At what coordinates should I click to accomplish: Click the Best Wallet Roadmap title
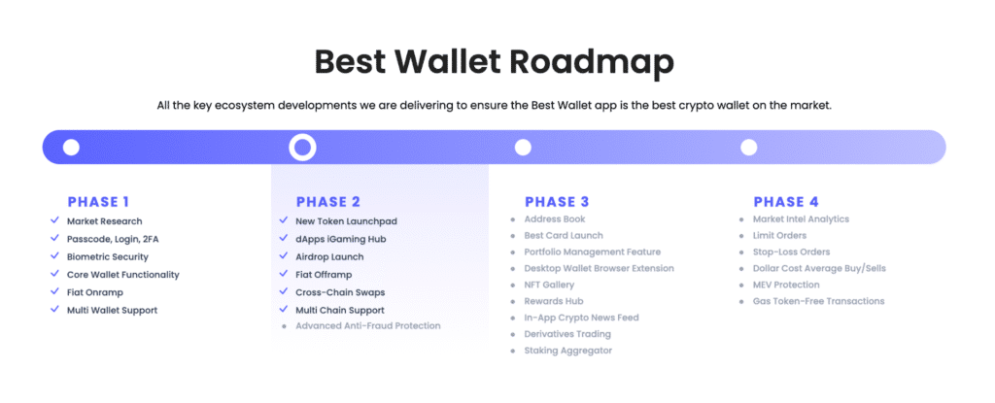click(494, 63)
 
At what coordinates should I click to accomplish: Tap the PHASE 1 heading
click(98, 202)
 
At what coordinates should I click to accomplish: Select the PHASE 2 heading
click(328, 202)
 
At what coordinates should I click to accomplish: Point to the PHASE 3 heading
click(557, 202)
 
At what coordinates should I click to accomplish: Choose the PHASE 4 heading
click(785, 202)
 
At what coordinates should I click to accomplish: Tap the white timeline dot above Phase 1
click(71, 148)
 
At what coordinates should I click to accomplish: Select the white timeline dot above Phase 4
click(749, 148)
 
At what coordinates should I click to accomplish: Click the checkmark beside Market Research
click(54, 220)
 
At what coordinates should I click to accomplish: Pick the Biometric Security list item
click(107, 257)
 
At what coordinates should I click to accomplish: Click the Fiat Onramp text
click(94, 292)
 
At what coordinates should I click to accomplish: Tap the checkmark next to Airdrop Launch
click(283, 255)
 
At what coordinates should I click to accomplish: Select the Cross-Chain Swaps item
click(340, 292)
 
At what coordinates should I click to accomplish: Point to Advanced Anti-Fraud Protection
click(368, 325)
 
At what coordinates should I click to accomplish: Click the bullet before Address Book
click(513, 219)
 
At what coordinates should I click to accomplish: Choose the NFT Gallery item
click(549, 285)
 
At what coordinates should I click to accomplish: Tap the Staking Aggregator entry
click(567, 351)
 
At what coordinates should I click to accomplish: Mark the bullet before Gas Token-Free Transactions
click(741, 301)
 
